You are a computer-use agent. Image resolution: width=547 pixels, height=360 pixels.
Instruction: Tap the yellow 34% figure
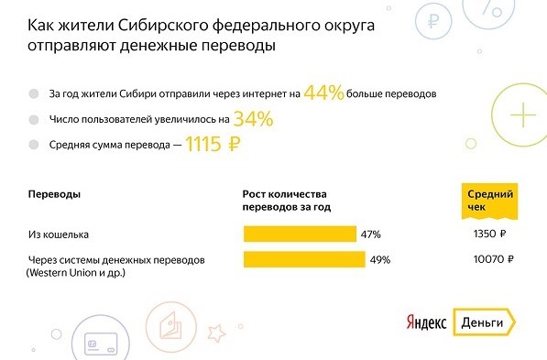coord(253,117)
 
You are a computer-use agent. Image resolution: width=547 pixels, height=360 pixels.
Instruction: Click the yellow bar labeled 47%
coord(299,235)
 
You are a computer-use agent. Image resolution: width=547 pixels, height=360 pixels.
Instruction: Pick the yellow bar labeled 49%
coord(302,259)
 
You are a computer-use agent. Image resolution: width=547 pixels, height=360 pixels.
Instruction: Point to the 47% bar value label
coord(370,235)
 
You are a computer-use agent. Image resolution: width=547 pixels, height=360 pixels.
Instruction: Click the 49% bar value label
coord(379,259)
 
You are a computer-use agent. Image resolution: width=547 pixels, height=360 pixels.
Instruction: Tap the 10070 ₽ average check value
coord(484,259)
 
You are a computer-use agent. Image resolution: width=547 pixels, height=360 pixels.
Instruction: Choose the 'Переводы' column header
coord(53,195)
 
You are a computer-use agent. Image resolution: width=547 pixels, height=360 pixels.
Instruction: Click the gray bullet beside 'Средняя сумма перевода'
coord(34,144)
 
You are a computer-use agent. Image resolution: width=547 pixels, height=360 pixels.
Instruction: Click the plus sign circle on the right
coord(522,115)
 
